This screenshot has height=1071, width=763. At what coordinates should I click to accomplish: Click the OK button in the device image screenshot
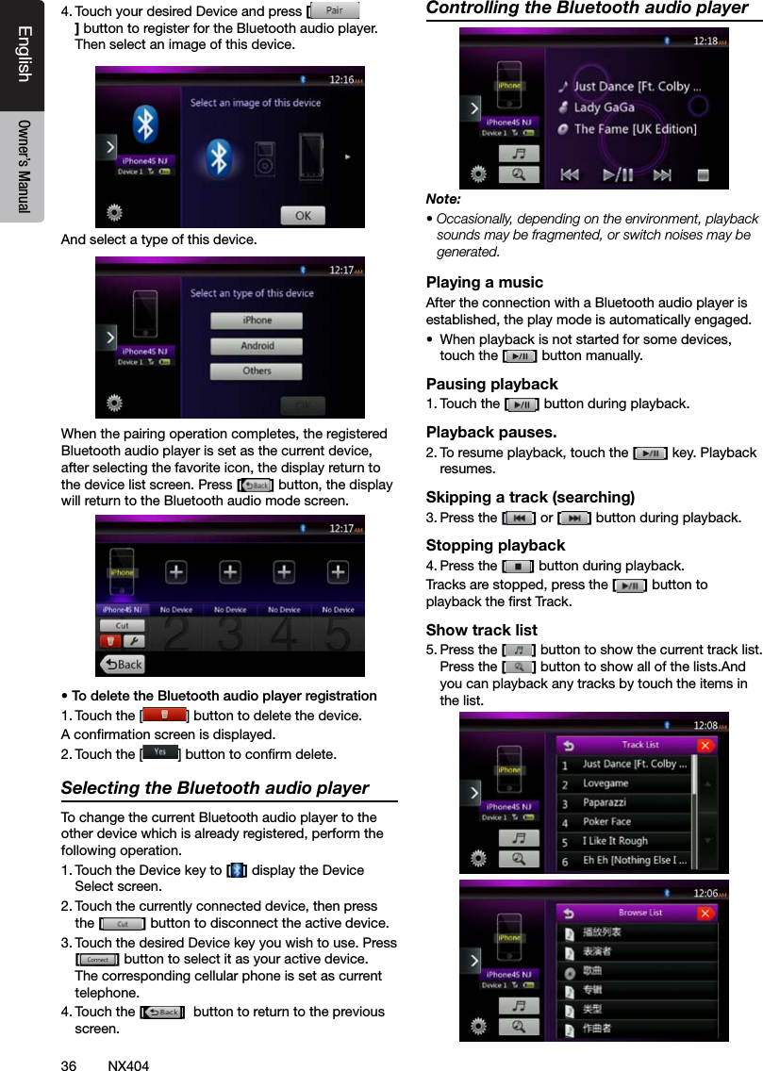pyautogui.click(x=302, y=216)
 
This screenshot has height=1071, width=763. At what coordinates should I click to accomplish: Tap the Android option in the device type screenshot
pyautogui.click(x=257, y=346)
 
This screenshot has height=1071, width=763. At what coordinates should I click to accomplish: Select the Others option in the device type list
pyautogui.click(x=257, y=371)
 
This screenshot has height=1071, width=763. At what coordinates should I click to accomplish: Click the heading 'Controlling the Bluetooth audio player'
pyautogui.click(x=587, y=8)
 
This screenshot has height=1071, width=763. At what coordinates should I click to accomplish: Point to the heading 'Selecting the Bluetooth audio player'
pyautogui.click(x=215, y=788)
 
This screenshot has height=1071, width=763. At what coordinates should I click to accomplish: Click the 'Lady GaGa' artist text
pyautogui.click(x=604, y=107)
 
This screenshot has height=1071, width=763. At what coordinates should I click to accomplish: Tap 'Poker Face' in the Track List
pyautogui.click(x=606, y=821)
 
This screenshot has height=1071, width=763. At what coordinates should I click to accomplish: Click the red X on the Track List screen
pyautogui.click(x=705, y=746)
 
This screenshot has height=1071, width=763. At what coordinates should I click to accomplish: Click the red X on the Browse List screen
pyautogui.click(x=705, y=913)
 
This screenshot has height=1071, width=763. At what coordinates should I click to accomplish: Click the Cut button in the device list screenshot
pyautogui.click(x=123, y=626)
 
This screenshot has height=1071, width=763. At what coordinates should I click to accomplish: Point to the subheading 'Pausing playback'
pyautogui.click(x=491, y=385)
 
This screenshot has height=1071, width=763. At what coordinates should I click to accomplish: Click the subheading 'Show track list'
pyautogui.click(x=481, y=630)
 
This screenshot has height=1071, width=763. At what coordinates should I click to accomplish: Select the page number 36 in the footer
pyautogui.click(x=68, y=1065)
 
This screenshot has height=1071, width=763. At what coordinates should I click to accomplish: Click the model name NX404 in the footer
pyautogui.click(x=128, y=1065)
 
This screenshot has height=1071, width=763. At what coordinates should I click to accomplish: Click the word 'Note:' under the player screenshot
pyautogui.click(x=443, y=200)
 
